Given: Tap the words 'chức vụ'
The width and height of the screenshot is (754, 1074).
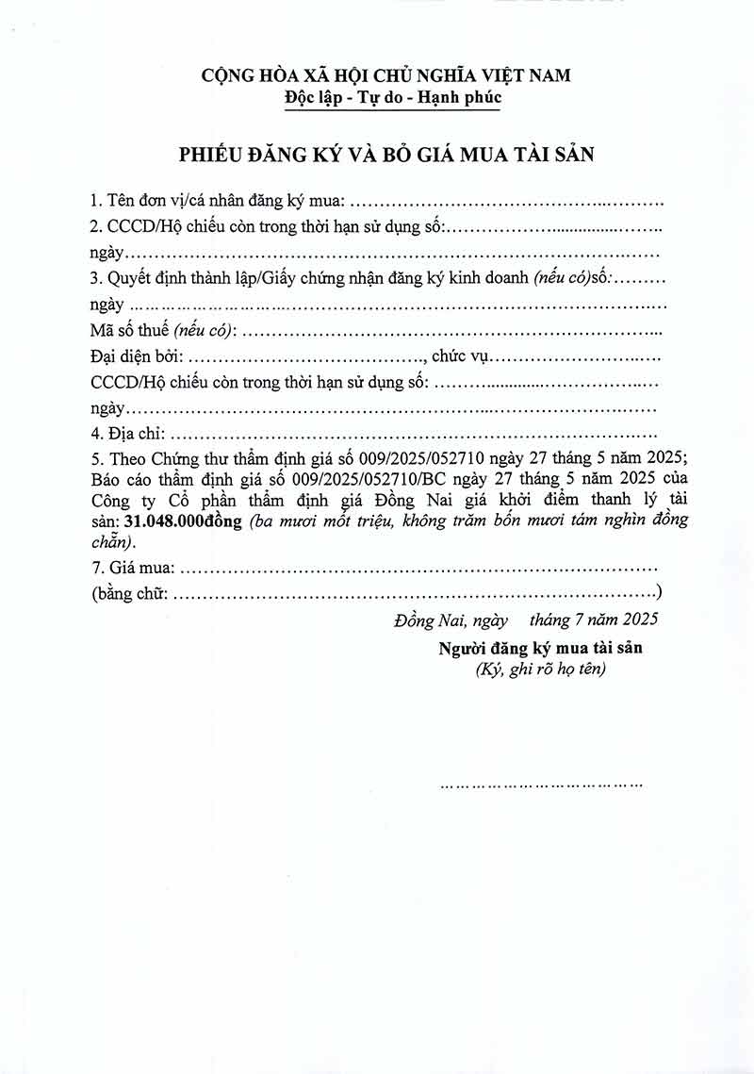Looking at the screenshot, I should pos(456,357).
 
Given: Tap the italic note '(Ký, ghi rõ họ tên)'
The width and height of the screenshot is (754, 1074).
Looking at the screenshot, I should pos(540,669).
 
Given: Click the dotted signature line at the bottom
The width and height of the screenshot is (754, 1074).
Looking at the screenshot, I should pos(542,784).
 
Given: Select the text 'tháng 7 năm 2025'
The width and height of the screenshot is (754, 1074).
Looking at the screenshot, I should pos(593,620).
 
